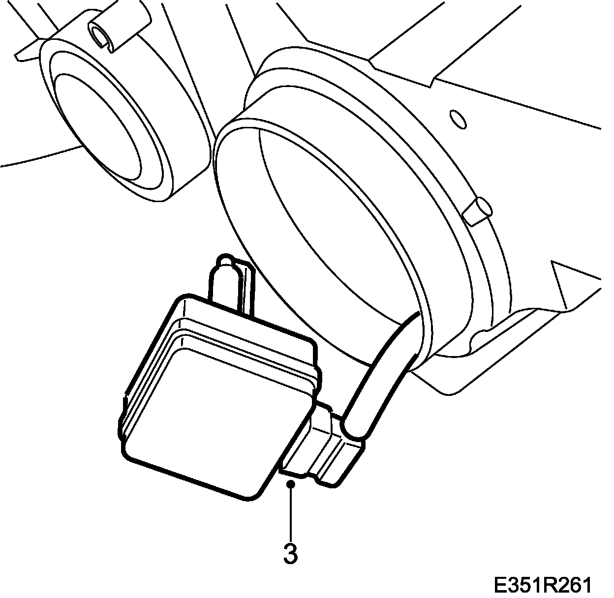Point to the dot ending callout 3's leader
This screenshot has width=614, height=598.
[x=291, y=484]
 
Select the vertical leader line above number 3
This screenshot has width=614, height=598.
[x=291, y=511]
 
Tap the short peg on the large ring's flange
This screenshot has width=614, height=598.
[x=480, y=209]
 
